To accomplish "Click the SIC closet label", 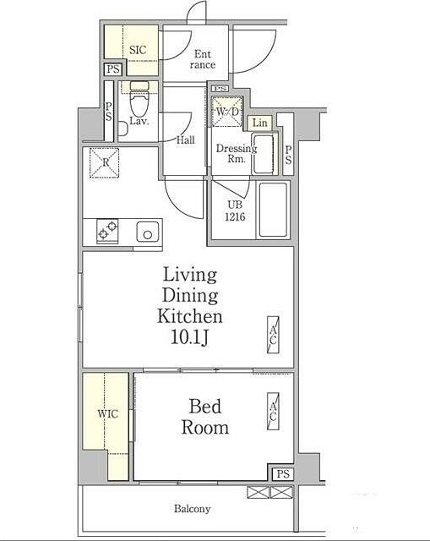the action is [x=138, y=50].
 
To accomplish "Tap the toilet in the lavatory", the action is [x=139, y=100].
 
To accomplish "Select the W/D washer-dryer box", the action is [x=227, y=112].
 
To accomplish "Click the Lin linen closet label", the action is [x=259, y=123].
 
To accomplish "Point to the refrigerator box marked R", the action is [x=104, y=163].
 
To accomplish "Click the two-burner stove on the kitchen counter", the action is [x=107, y=231].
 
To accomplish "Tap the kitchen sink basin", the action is [x=148, y=232].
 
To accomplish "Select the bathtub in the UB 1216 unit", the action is [x=273, y=210].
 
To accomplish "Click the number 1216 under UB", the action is [x=235, y=216].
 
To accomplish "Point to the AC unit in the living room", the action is [x=273, y=336].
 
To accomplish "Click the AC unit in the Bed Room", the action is [x=273, y=412].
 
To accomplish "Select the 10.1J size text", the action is [x=189, y=337].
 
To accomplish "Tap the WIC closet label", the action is [x=107, y=413].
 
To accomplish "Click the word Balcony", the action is [x=192, y=509].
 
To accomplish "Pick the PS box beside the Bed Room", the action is [x=283, y=474].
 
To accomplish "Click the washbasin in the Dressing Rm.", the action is [x=264, y=154].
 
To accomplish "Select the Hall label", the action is [x=186, y=140].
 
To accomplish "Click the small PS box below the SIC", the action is [x=113, y=69].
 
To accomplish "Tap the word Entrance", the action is [x=203, y=59].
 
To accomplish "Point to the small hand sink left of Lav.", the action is [x=122, y=128].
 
